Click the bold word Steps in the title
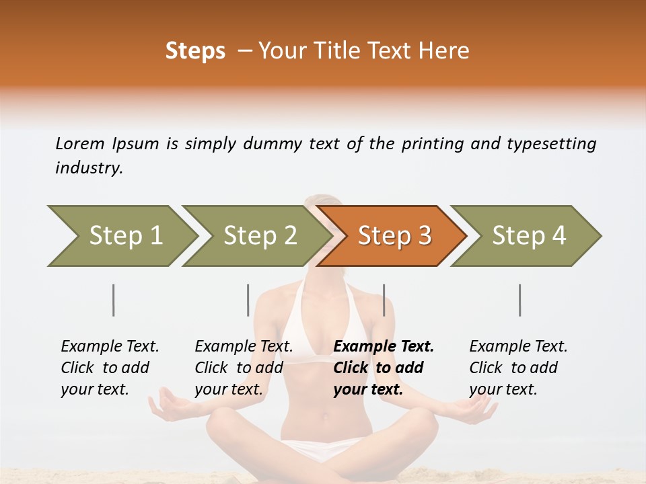[195, 51]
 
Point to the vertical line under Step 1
[114, 300]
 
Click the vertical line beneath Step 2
[248, 300]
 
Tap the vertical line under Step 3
[384, 300]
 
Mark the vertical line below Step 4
[520, 300]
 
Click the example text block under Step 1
[110, 368]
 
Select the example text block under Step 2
[244, 368]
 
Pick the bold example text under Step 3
[384, 368]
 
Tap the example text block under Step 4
[518, 368]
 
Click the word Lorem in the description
[79, 144]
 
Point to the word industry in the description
[89, 169]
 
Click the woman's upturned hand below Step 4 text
[479, 407]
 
